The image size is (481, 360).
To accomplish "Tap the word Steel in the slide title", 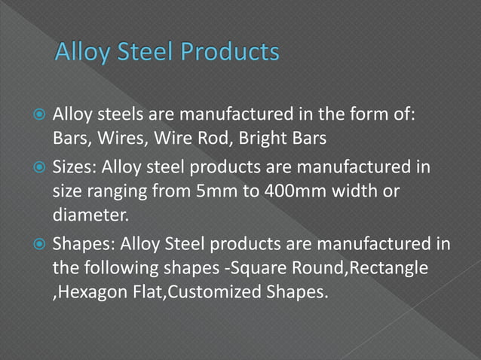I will click(x=134, y=53).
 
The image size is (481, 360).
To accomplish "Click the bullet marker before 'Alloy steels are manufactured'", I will click(x=39, y=116).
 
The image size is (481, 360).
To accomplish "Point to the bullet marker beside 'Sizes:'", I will click(x=39, y=165).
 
